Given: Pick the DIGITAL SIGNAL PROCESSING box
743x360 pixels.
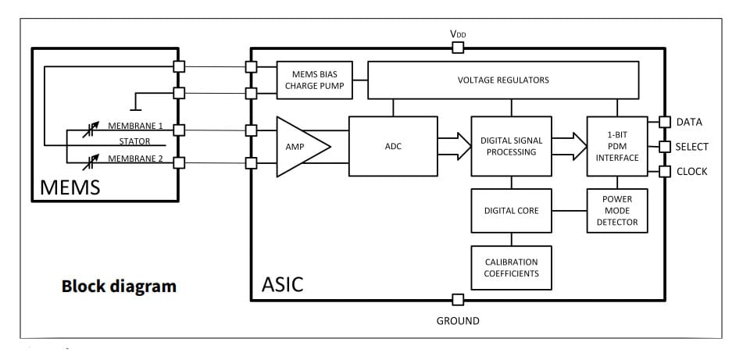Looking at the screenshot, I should (x=511, y=146).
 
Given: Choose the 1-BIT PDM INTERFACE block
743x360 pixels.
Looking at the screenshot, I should (x=616, y=146).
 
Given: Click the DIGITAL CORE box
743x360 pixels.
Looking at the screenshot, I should (x=511, y=211).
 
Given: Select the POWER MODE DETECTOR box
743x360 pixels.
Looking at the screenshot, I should (x=617, y=211).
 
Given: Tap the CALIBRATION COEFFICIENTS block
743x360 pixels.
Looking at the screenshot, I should (x=511, y=267).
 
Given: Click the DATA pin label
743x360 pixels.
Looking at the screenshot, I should (x=689, y=122).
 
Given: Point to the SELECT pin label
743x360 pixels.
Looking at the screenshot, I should (x=692, y=147).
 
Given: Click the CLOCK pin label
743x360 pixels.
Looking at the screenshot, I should (x=691, y=171).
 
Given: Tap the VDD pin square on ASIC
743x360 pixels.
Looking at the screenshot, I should (x=458, y=48).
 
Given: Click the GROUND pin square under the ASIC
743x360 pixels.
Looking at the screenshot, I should (x=458, y=299).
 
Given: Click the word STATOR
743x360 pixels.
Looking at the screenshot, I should (x=134, y=142).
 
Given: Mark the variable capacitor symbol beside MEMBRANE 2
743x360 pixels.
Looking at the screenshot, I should (x=91, y=161).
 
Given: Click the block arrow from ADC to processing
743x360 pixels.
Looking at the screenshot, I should (x=451, y=146).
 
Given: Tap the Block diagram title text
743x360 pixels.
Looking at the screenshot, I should (x=119, y=286).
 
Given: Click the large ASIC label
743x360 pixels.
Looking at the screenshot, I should (x=281, y=283).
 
